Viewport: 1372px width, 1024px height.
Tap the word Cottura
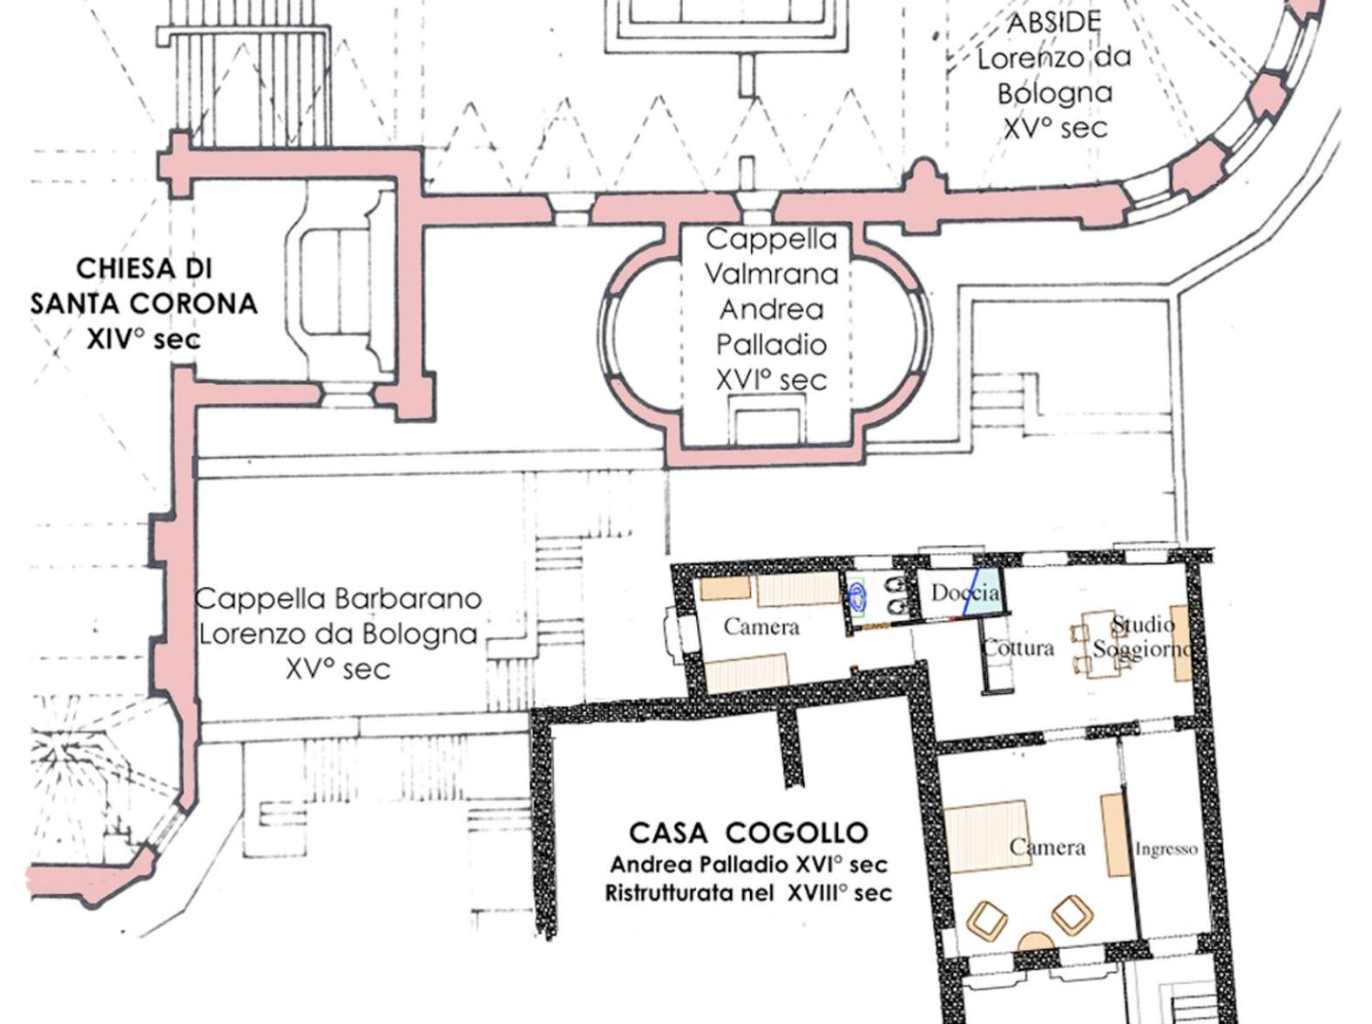(1019, 648)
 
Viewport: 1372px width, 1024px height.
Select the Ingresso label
(1166, 849)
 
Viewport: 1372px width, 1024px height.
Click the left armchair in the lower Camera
(987, 920)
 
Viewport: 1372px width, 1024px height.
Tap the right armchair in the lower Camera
(1072, 914)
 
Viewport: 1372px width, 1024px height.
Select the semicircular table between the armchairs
(1037, 942)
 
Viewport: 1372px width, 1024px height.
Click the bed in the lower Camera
(987, 836)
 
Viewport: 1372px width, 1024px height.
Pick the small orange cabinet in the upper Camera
(725, 588)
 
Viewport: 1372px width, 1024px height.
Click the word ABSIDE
(1054, 24)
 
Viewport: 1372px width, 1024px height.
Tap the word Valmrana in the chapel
(772, 273)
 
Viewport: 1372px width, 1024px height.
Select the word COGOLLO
(798, 832)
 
